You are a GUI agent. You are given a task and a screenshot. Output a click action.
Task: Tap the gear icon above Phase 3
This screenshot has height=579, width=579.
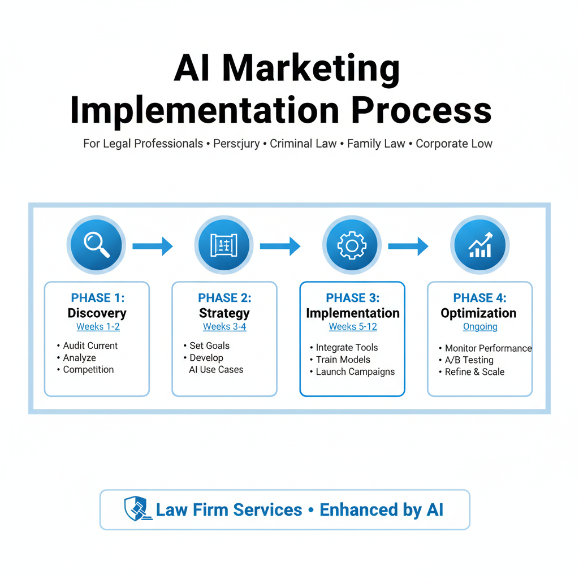352,245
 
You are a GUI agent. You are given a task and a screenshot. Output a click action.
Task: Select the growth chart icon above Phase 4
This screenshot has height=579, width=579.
480,245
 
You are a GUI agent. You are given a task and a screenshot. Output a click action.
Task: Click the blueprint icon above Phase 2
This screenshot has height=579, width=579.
224,245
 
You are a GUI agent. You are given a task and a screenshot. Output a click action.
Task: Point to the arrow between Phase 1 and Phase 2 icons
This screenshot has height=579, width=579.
152,246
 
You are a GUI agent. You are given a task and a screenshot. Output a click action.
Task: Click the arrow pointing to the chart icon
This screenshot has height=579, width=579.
408,246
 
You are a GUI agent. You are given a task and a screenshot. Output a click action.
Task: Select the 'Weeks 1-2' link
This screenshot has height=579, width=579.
98,327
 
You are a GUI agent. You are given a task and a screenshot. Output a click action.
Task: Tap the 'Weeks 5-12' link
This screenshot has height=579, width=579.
353,327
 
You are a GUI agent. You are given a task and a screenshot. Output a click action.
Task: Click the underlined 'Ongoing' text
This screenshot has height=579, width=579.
480,327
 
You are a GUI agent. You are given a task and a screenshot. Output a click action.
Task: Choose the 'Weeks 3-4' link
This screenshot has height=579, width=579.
224,327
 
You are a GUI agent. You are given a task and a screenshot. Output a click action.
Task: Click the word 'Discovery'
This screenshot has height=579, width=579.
97,313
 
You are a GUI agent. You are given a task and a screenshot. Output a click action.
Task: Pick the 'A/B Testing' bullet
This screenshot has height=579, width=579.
469,360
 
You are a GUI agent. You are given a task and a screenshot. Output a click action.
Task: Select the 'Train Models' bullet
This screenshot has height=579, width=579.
343,360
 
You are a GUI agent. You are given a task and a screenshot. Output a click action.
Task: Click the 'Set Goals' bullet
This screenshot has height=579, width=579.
209,345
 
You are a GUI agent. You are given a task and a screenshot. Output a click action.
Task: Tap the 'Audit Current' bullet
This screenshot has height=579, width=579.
90,345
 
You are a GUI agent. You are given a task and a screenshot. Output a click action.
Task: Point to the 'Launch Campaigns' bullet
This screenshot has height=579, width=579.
355,372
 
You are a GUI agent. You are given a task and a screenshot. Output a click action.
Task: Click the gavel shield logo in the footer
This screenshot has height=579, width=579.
136,509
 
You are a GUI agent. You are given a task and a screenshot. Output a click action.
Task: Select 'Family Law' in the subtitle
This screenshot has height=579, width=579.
376,144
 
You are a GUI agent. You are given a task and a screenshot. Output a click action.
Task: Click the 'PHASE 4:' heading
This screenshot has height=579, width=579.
480,298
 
